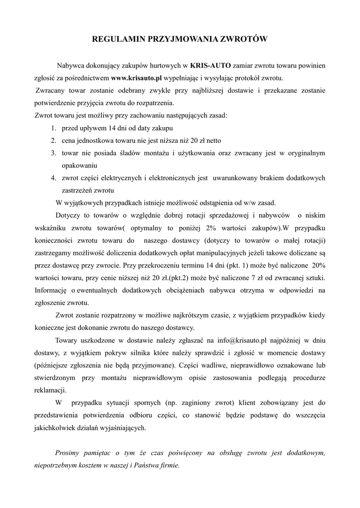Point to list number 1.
coord(53,128)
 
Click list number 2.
coord(53,140)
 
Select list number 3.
coord(53,153)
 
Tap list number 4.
coord(53,178)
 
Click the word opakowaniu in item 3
coord(79,165)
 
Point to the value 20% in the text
coord(317,265)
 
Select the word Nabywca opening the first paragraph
coord(72,65)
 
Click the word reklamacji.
coord(50,390)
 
